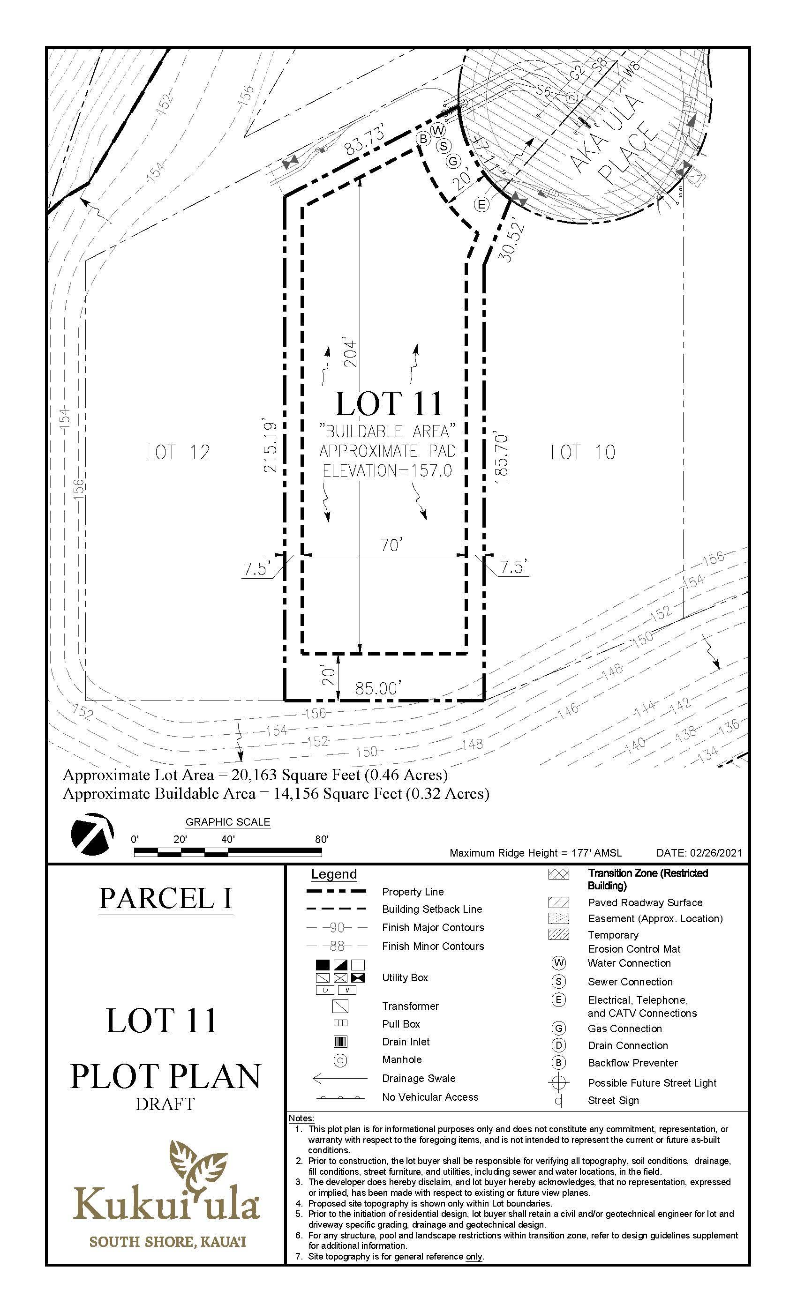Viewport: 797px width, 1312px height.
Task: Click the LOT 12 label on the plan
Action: pos(178,453)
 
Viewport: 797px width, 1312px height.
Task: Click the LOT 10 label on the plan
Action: pos(583,453)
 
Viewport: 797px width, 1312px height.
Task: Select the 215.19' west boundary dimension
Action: pos(271,447)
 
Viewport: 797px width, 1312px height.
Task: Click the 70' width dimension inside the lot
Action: pos(391,545)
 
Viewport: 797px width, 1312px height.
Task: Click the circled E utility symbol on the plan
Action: pos(481,204)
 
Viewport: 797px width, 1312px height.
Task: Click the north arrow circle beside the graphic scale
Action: pos(91,834)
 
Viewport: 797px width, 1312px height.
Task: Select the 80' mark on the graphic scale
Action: pos(321,840)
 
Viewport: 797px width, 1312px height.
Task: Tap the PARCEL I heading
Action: pos(165,898)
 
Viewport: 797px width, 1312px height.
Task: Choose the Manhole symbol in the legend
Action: pos(340,1059)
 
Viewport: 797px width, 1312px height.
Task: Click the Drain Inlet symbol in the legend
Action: pos(340,1042)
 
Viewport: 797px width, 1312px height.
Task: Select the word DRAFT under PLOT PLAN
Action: pos(165,1104)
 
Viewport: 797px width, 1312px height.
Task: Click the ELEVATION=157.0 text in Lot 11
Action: pos(387,471)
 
